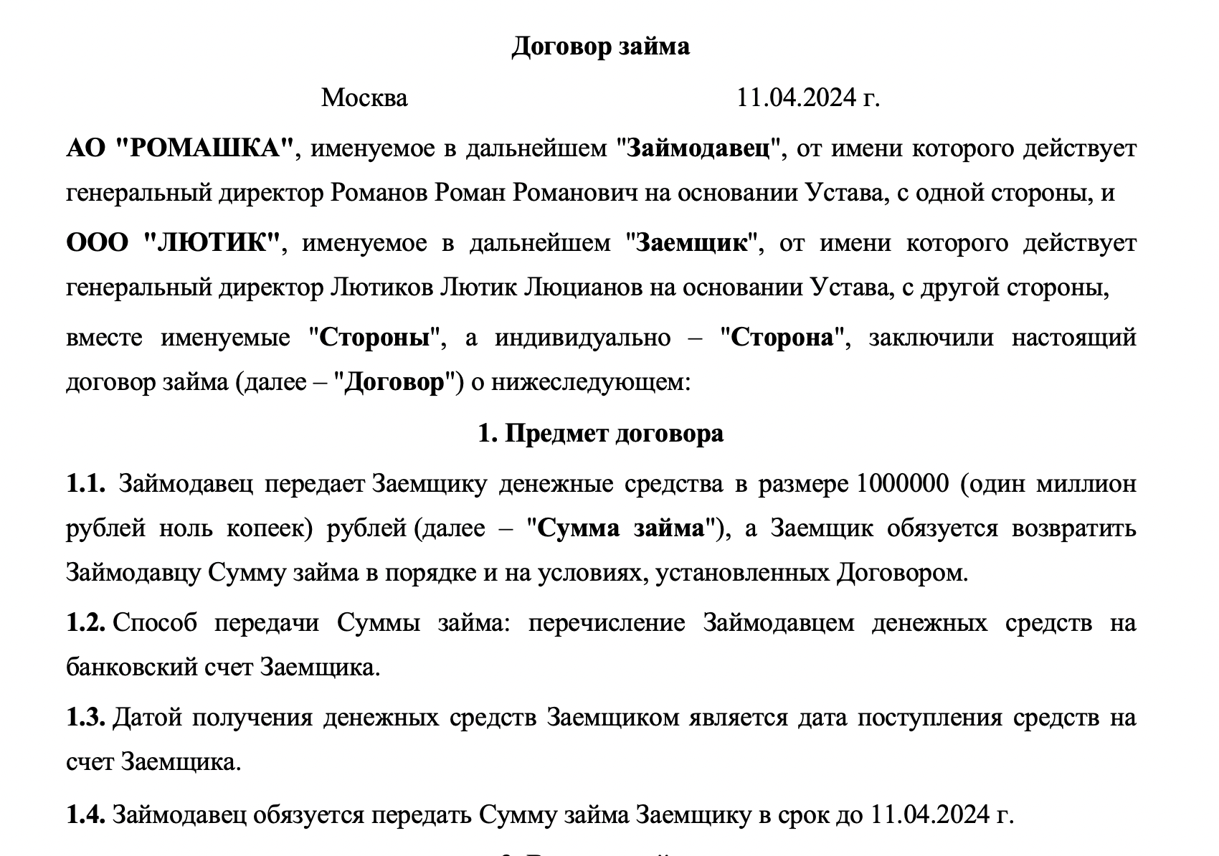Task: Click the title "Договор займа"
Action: tap(600, 47)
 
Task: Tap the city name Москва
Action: tap(364, 98)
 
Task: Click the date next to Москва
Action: tap(808, 98)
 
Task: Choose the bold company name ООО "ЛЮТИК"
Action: tap(173, 243)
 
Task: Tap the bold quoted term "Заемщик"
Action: tap(692, 243)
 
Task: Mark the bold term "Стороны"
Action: tap(379, 338)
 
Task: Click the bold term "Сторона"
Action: tap(783, 338)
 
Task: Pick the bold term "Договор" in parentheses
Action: tap(394, 383)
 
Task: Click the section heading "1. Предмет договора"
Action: tap(601, 434)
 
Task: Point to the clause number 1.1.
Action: tap(86, 485)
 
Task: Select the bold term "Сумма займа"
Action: tap(621, 529)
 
